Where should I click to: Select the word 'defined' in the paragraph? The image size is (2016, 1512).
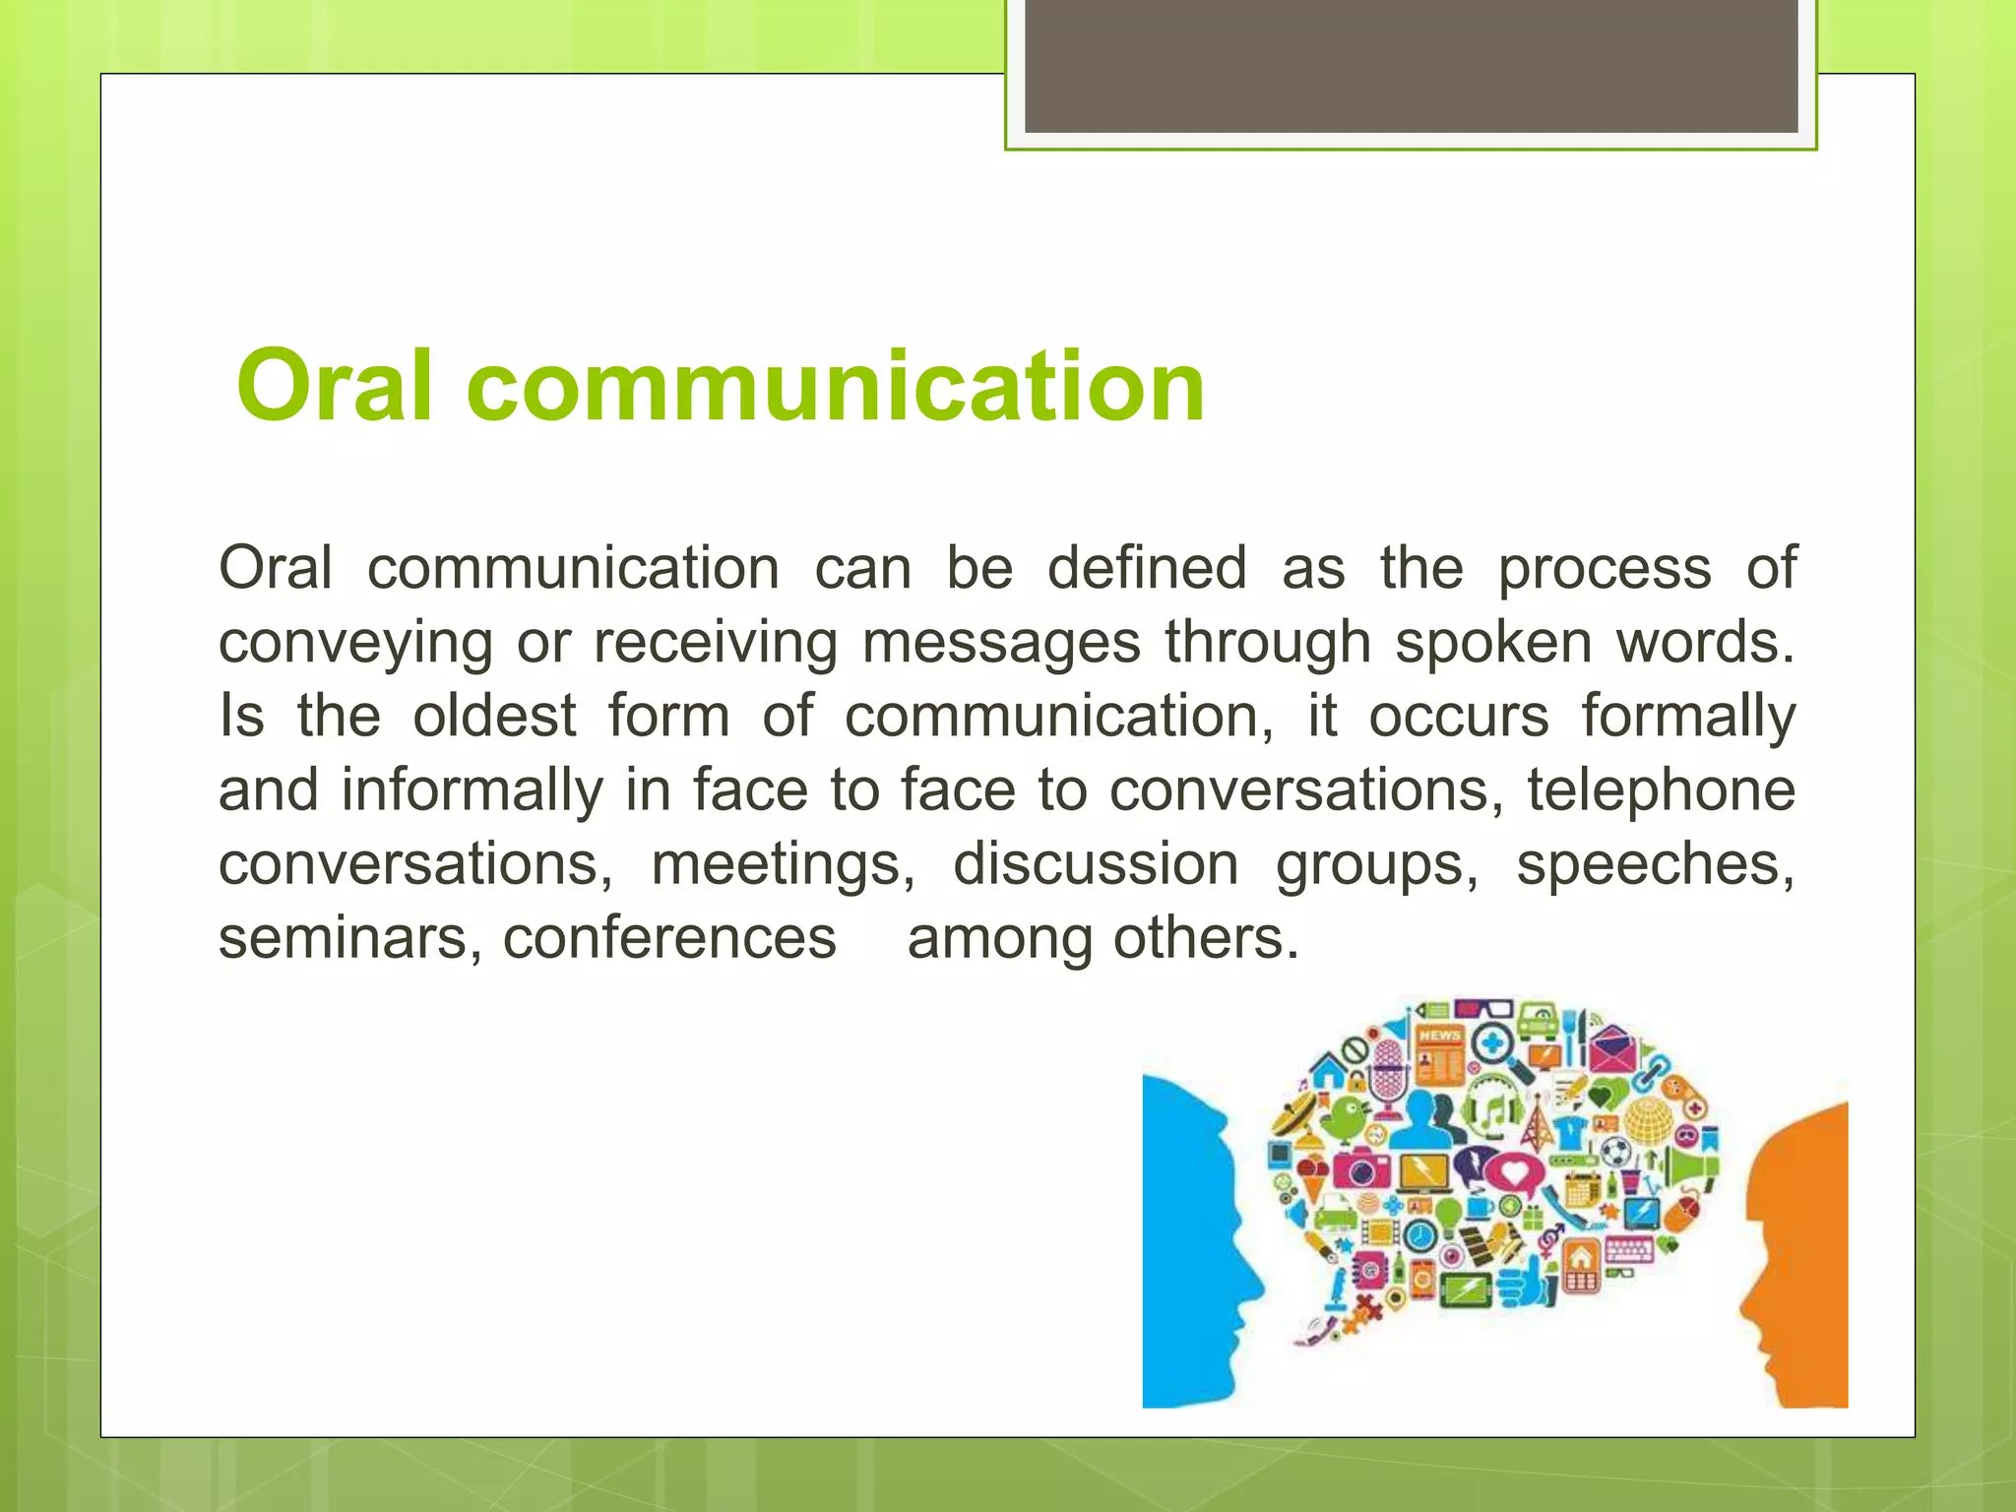coord(1147,568)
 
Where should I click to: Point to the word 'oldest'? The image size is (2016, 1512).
coord(494,716)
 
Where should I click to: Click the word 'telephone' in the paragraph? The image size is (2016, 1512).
coord(1662,789)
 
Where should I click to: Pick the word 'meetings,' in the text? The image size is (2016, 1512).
coord(784,863)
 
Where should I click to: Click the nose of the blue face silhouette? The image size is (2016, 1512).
coord(1254,1280)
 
